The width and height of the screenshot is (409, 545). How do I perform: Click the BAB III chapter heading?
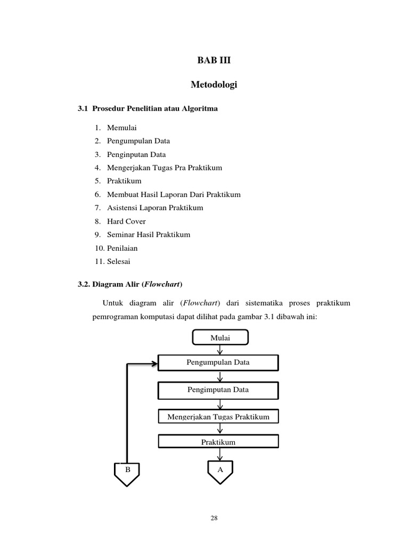tap(214, 61)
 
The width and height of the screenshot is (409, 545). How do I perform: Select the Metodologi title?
tap(214, 85)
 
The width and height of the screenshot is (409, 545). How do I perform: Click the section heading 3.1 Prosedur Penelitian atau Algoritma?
tap(148, 109)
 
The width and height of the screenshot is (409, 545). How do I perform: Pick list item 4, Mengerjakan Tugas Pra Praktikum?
tap(164, 168)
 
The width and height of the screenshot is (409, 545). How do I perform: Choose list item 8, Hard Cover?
tap(126, 221)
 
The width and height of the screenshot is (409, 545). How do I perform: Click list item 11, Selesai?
tap(118, 261)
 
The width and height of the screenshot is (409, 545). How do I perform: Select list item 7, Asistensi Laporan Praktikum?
tap(155, 208)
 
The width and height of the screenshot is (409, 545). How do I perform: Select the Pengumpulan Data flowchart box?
tap(218, 363)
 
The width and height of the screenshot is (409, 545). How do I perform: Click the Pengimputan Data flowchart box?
tap(218, 390)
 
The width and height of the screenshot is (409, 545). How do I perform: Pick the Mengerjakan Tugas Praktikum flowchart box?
tap(218, 417)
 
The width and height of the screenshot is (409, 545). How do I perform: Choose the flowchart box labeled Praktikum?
tap(218, 442)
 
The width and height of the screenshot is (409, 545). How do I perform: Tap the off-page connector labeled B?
tap(127, 472)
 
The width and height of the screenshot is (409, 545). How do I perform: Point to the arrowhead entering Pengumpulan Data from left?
tap(154, 364)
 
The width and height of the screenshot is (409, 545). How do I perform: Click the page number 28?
tap(214, 518)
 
